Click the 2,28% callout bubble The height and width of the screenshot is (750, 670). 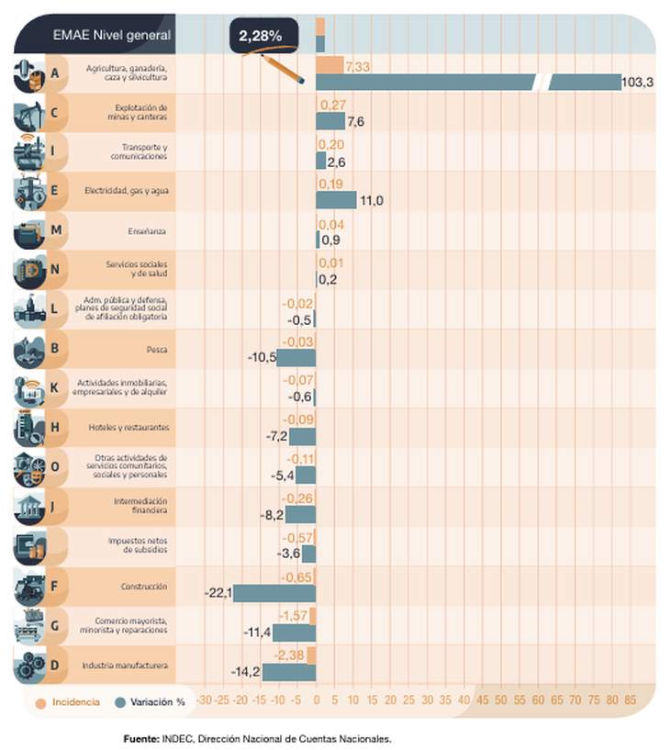260,36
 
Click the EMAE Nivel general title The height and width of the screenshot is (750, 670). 111,36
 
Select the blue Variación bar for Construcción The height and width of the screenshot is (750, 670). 274,593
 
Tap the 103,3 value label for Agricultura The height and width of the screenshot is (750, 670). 637,83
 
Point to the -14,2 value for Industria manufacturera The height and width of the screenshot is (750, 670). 245,672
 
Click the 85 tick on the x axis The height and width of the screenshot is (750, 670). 630,700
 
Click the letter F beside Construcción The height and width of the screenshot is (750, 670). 55,586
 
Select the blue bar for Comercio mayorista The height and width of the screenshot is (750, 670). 294,632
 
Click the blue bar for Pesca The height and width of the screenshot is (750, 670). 296,357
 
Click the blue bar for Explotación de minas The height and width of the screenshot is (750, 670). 330,121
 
